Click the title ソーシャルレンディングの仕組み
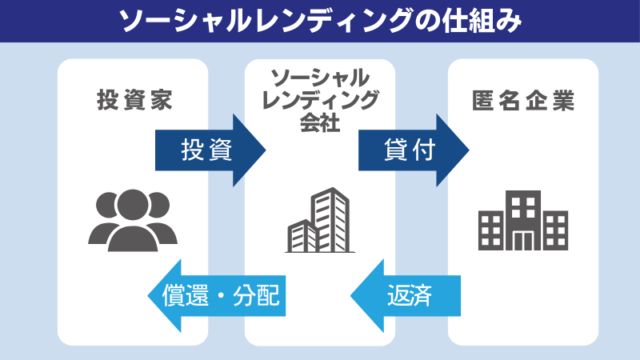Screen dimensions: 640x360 pos(320,22)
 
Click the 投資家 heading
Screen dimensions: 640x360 pos(134,100)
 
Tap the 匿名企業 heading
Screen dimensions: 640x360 pos(523,101)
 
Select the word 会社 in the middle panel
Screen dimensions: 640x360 pos(320,122)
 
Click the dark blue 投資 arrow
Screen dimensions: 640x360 pos(210,150)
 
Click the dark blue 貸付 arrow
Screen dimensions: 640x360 pos(414,150)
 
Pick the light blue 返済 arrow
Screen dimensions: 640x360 pos(406,296)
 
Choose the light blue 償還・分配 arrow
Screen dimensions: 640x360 pos(216,296)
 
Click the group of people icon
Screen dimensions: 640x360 pos(133,221)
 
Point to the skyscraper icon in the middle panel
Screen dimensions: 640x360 pos(320,221)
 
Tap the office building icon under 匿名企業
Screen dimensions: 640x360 pos(523,221)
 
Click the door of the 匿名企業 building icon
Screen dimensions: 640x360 pos(523,241)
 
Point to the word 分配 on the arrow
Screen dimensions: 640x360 pos(256,295)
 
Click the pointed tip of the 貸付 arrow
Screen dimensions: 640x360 pos(469,150)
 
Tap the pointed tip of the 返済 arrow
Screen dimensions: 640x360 pos(350,296)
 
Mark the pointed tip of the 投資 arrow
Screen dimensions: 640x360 pos(266,150)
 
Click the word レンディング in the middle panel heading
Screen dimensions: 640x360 pos(320,100)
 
